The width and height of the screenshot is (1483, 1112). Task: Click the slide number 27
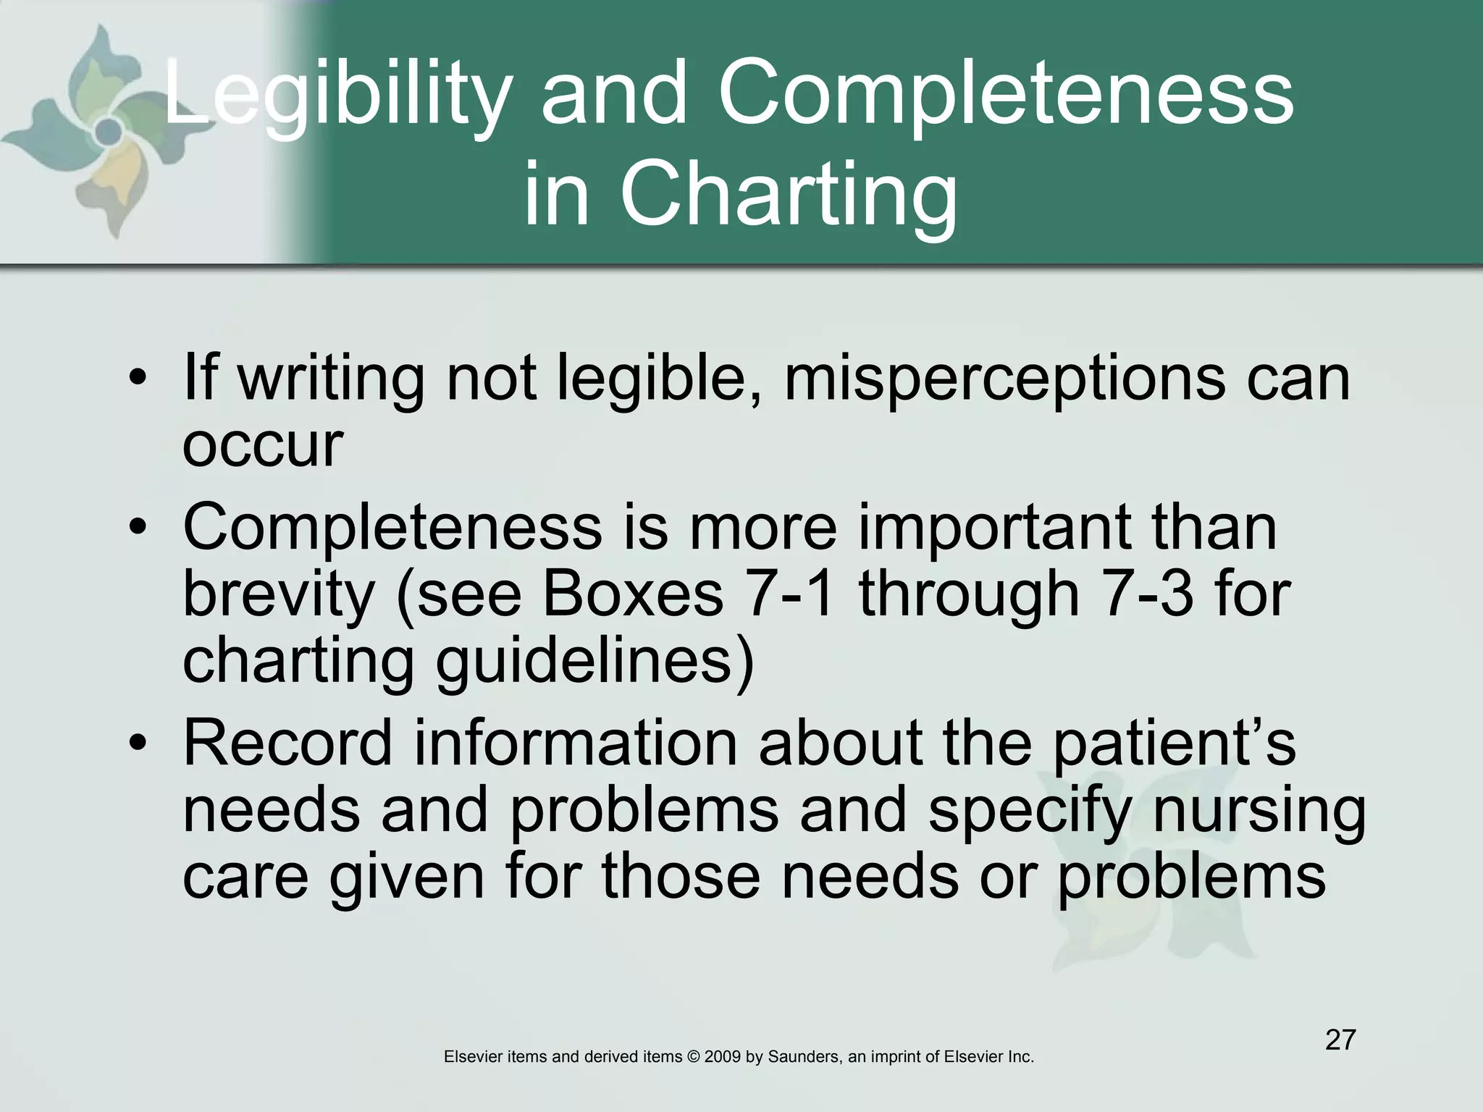point(1340,1040)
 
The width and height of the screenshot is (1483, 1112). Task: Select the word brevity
point(279,594)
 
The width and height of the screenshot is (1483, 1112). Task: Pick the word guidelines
point(594,660)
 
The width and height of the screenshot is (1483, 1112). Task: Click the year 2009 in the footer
point(722,1057)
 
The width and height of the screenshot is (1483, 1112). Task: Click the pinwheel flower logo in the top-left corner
point(109,130)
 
